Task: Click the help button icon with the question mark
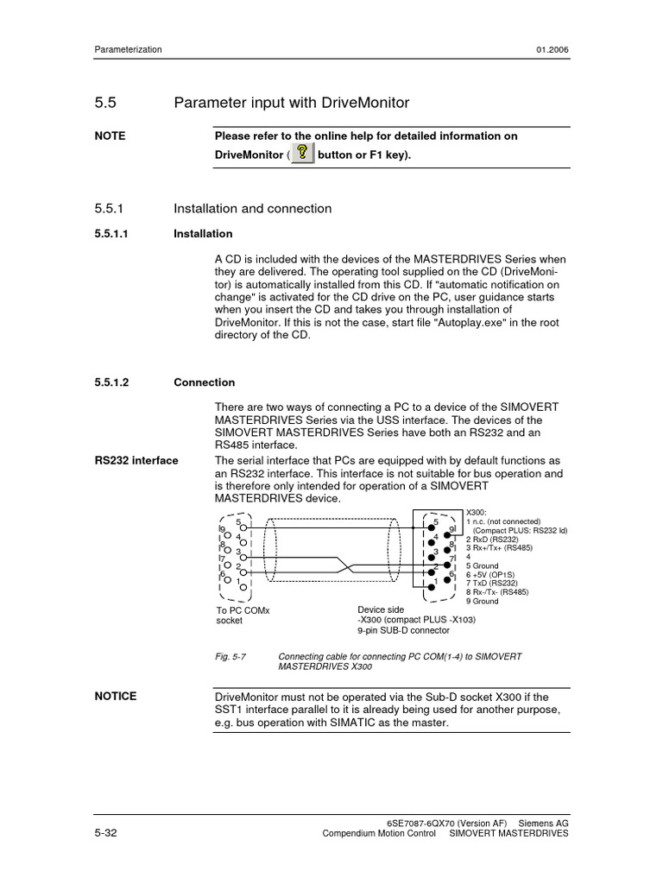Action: (x=302, y=155)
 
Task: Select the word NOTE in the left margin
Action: (x=110, y=136)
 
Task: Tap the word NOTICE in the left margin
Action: (x=116, y=696)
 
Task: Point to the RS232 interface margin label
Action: (x=136, y=460)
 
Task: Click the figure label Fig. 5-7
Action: (x=230, y=656)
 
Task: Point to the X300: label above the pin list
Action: (x=476, y=513)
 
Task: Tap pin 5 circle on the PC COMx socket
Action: (x=244, y=526)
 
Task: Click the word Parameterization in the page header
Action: (x=128, y=50)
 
